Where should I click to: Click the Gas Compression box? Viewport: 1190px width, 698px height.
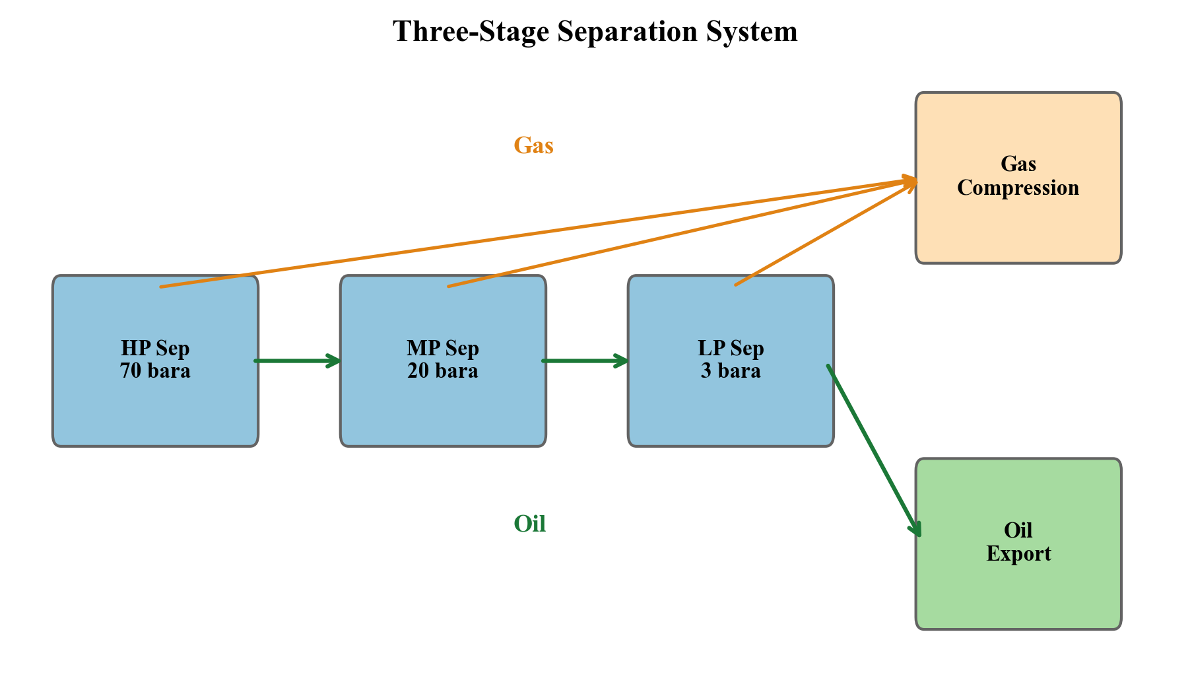click(x=1018, y=225)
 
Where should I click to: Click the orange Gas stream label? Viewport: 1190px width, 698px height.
click(x=533, y=145)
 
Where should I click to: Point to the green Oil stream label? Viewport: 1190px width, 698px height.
click(x=529, y=524)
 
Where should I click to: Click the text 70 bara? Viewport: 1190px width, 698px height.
click(x=155, y=371)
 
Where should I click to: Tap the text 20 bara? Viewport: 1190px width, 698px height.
click(x=443, y=371)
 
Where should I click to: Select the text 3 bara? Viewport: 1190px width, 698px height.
click(x=731, y=371)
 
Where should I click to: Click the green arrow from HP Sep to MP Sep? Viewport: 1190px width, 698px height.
click(x=297, y=361)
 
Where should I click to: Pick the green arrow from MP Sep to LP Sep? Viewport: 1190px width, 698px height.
click(x=585, y=361)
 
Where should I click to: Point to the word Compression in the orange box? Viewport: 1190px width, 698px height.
click(x=1018, y=188)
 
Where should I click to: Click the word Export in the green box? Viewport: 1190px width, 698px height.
click(x=1018, y=554)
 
